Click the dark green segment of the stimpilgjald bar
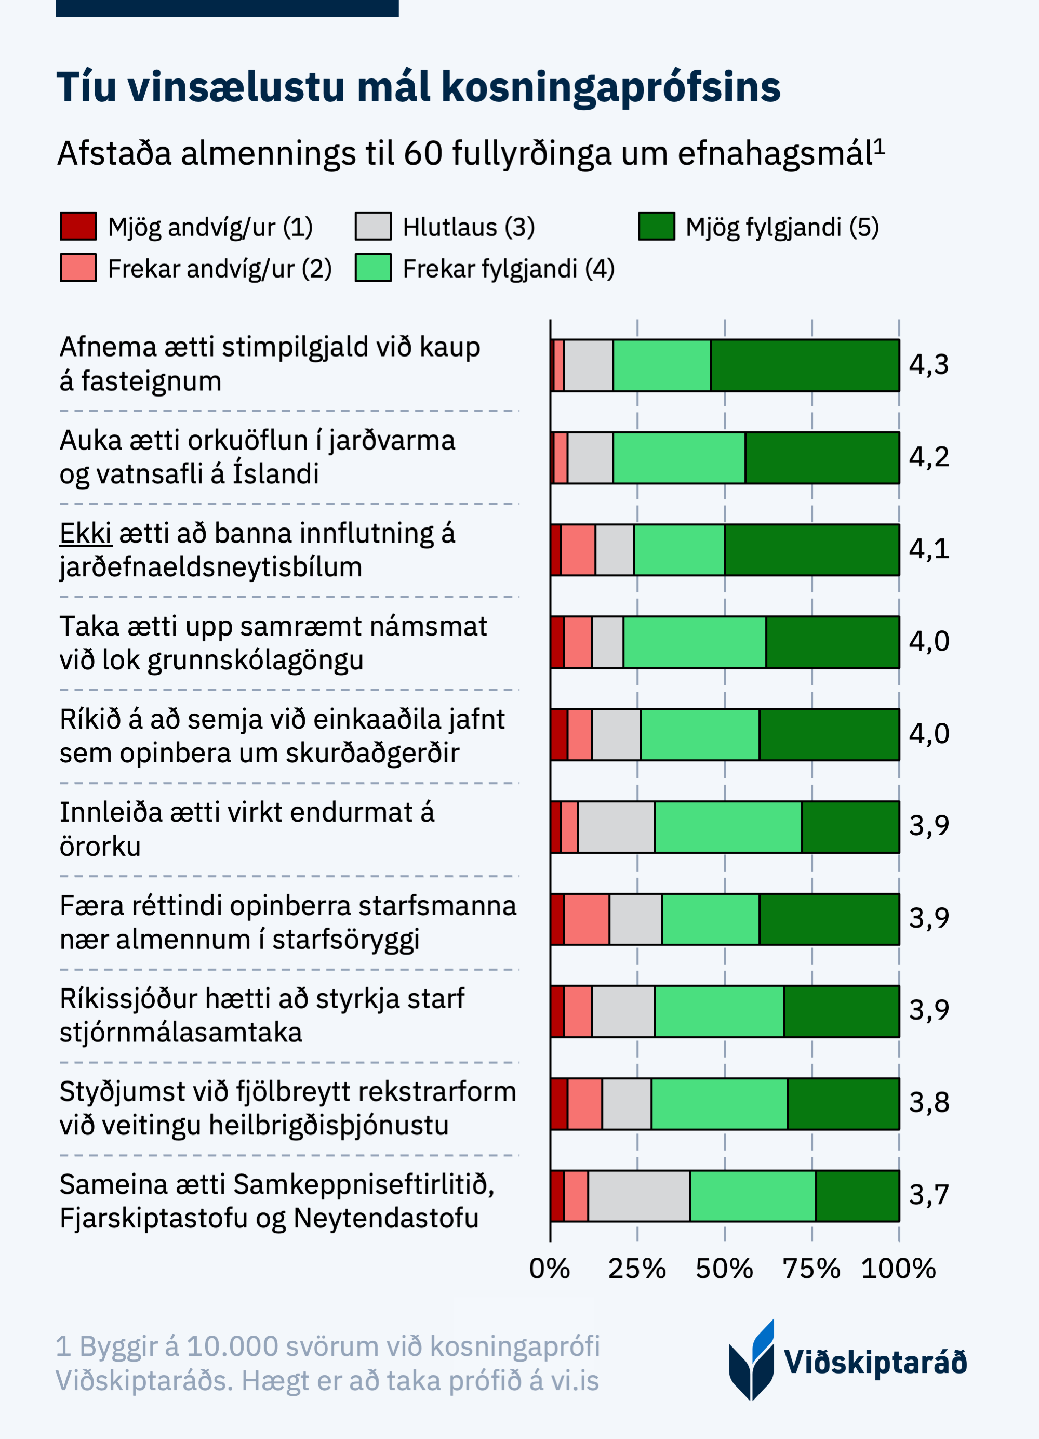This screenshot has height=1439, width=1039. coord(804,365)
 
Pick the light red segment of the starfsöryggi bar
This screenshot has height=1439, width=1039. coord(586,919)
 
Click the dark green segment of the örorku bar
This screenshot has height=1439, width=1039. coord(850,827)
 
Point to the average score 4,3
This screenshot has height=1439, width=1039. coord(929,365)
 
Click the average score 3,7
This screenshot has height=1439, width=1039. coord(929,1195)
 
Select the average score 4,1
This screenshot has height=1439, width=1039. coord(929,549)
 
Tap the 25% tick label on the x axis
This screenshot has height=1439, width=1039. coord(637,1269)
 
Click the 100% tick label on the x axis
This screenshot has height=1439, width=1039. coord(898,1269)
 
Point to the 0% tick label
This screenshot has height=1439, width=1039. coord(549,1269)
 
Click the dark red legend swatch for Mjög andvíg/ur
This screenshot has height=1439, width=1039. coord(78,226)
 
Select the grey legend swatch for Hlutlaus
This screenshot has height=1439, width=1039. coord(373,226)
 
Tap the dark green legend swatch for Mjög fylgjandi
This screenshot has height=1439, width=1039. coord(656,226)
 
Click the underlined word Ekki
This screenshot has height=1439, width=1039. coord(86,534)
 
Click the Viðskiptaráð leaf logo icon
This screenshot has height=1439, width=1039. coord(752,1361)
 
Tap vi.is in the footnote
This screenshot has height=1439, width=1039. coord(575,1381)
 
